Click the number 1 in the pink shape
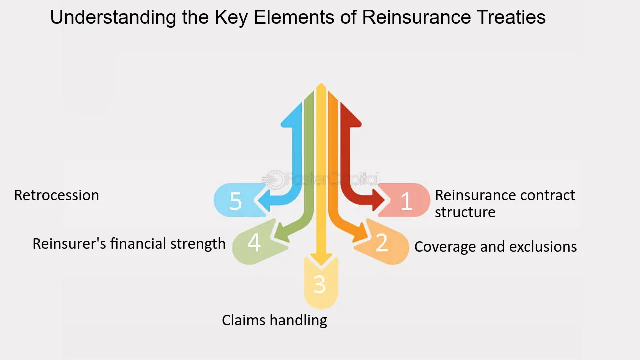tap(406, 201)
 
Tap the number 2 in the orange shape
tap(382, 243)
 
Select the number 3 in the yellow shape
tap(319, 284)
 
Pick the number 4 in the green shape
tap(254, 243)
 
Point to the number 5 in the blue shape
tap(235, 201)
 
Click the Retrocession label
tap(57, 195)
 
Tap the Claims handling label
tap(274, 320)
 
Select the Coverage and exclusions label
tap(495, 246)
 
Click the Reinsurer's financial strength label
tap(129, 244)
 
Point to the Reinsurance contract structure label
tap(505, 204)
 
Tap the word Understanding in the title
tap(113, 17)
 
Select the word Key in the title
tap(231, 17)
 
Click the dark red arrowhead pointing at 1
tap(379, 200)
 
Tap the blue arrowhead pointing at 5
tap(264, 200)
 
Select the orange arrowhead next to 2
tap(360, 233)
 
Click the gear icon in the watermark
tap(274, 180)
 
